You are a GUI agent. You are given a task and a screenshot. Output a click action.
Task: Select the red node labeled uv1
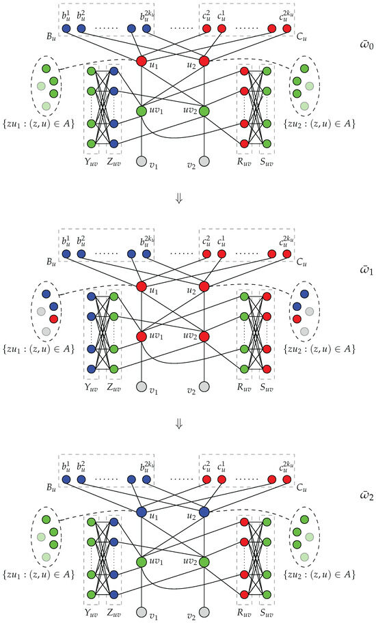click(x=142, y=337)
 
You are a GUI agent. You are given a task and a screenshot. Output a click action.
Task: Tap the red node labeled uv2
click(x=204, y=337)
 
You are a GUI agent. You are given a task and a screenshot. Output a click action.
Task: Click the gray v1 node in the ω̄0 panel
click(x=142, y=161)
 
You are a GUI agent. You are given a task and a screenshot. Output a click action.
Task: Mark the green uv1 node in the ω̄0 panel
click(x=142, y=111)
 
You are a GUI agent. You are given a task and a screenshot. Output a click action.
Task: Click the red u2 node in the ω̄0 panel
click(x=204, y=61)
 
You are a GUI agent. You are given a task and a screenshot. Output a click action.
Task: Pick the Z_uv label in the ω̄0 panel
click(x=114, y=164)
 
